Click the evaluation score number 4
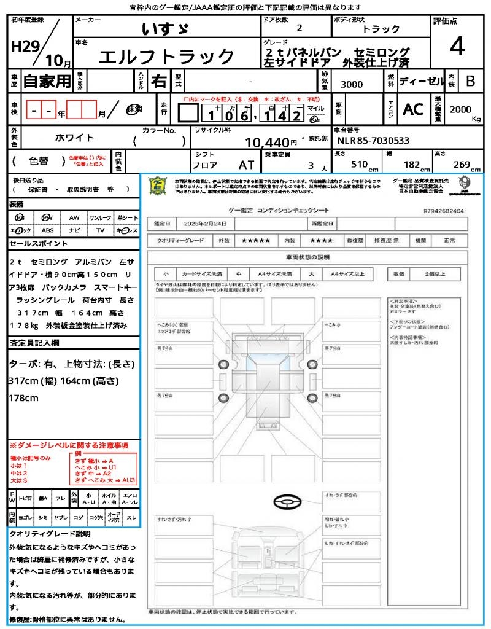point(456,46)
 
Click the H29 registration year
point(23,47)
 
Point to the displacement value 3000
point(351,84)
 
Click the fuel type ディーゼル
point(421,80)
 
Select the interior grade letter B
point(470,80)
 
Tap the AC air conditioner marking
point(412,109)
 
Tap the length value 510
point(356,165)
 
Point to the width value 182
point(409,165)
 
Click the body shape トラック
point(381,29)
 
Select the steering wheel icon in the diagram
point(287,504)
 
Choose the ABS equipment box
point(47,230)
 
